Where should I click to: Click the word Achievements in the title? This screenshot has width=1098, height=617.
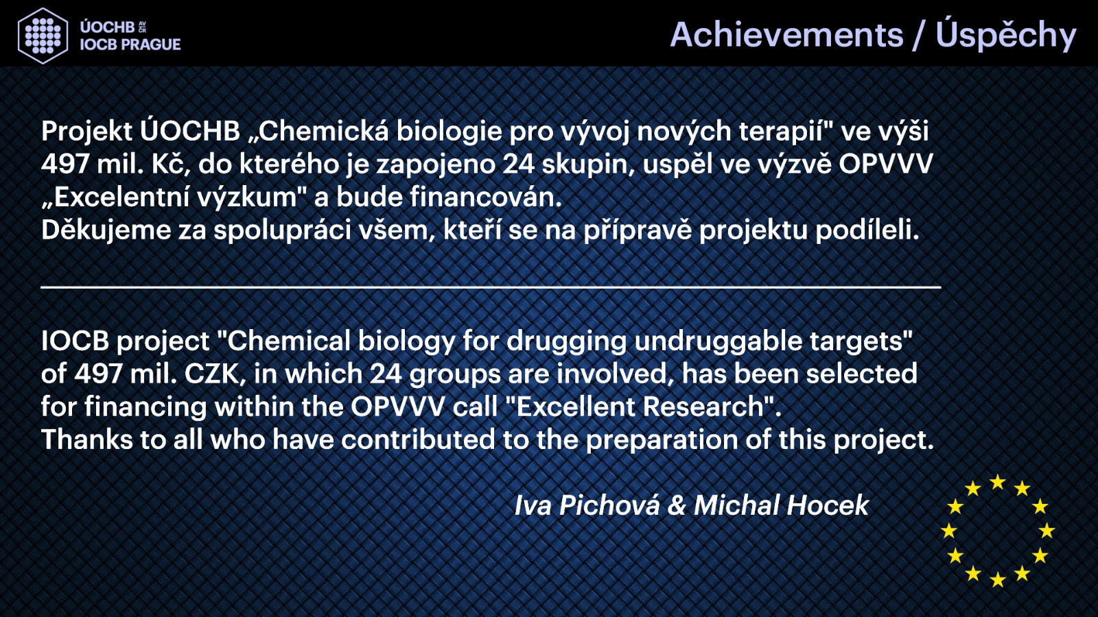click(x=786, y=35)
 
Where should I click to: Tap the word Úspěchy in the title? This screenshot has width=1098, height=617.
click(x=1005, y=35)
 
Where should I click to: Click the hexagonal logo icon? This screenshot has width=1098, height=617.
click(x=43, y=36)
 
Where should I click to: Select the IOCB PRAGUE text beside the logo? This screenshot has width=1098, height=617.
click(x=130, y=45)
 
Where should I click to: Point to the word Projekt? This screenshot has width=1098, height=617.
click(x=86, y=132)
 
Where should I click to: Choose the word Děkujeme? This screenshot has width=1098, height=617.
click(x=106, y=230)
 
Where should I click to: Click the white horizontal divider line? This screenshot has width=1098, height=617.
click(x=491, y=287)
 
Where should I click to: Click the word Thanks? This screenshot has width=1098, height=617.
click(x=86, y=439)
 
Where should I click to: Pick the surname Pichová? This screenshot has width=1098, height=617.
click(x=609, y=505)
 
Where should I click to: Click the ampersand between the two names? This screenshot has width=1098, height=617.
click(x=677, y=505)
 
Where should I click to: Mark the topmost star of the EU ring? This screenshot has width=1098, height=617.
click(x=998, y=483)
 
